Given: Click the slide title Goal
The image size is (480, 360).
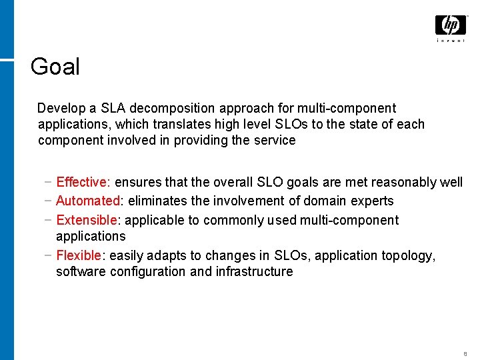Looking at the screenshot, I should (55, 67).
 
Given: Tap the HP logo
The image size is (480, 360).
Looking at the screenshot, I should (450, 26).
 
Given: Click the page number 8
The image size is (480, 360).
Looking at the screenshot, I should (464, 353).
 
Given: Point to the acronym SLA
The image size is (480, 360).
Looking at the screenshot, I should (113, 108).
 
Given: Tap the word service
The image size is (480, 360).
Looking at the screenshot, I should (273, 140).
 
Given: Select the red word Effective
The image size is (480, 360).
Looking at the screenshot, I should (82, 182).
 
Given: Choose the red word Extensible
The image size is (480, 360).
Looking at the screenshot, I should (87, 220).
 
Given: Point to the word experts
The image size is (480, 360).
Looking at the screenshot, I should (371, 201).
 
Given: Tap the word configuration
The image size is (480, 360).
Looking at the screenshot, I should (146, 271).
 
